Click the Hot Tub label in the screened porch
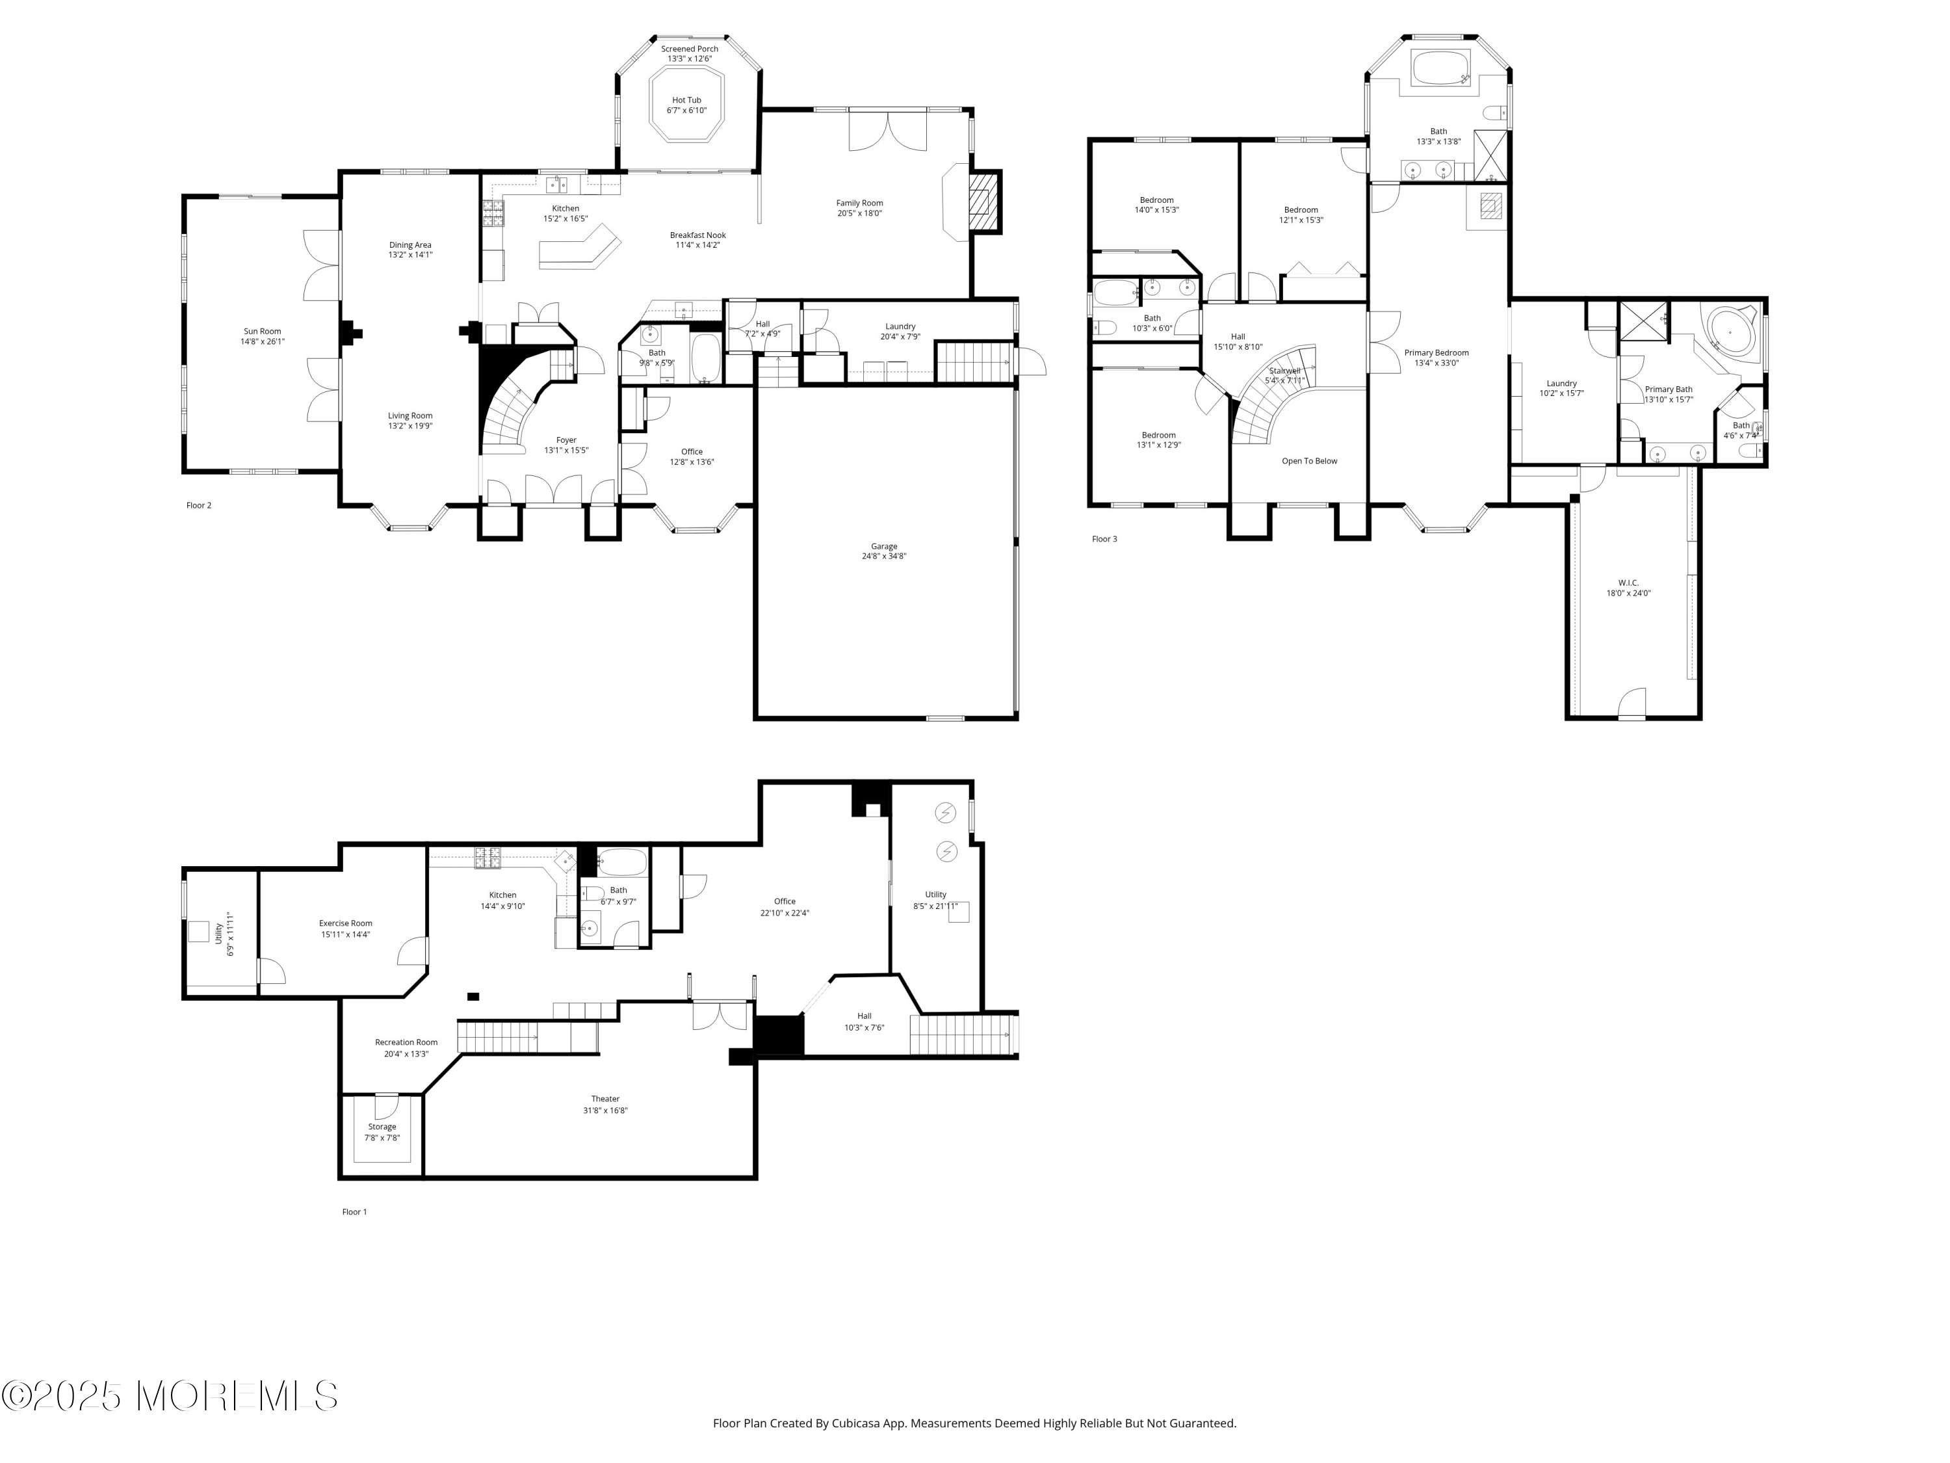[687, 105]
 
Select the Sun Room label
[263, 336]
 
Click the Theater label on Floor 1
[606, 1104]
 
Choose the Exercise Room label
[346, 929]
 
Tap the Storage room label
[382, 1131]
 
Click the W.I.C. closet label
[1628, 587]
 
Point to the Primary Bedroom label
[1437, 357]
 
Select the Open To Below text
[1309, 461]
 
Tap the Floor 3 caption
[1104, 539]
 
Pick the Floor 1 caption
[354, 1211]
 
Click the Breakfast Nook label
[697, 240]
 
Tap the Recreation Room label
[406, 1048]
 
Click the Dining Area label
[410, 250]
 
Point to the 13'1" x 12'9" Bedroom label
[1158, 440]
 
